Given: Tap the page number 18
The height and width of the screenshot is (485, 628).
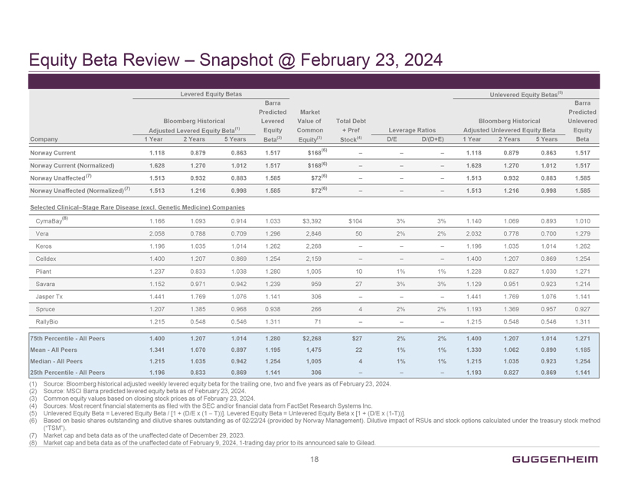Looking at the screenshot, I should (x=314, y=459).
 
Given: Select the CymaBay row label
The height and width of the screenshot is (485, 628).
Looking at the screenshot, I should (x=51, y=221).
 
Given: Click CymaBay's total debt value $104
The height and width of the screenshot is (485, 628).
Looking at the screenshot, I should (x=355, y=221).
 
